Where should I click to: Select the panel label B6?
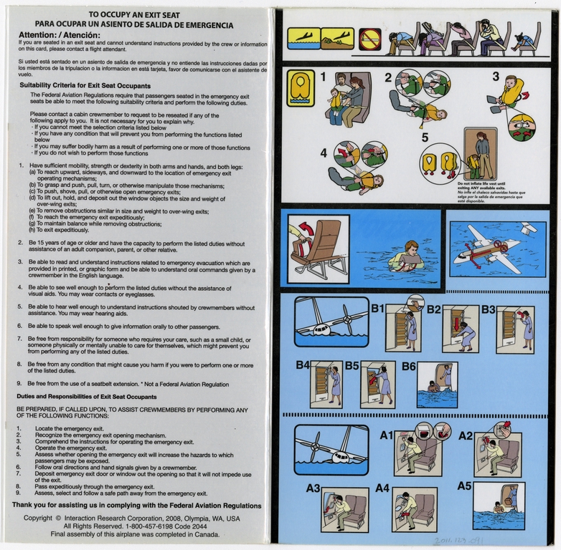[408, 366]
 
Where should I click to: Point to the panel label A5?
[466, 486]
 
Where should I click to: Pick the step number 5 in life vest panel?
[425, 136]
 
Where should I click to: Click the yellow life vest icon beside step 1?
[300, 87]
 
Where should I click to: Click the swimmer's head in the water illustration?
[411, 248]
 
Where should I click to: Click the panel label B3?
[489, 309]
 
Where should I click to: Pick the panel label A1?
[386, 434]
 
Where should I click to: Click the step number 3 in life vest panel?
[495, 76]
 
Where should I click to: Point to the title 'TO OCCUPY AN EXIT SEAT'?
[134, 14]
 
